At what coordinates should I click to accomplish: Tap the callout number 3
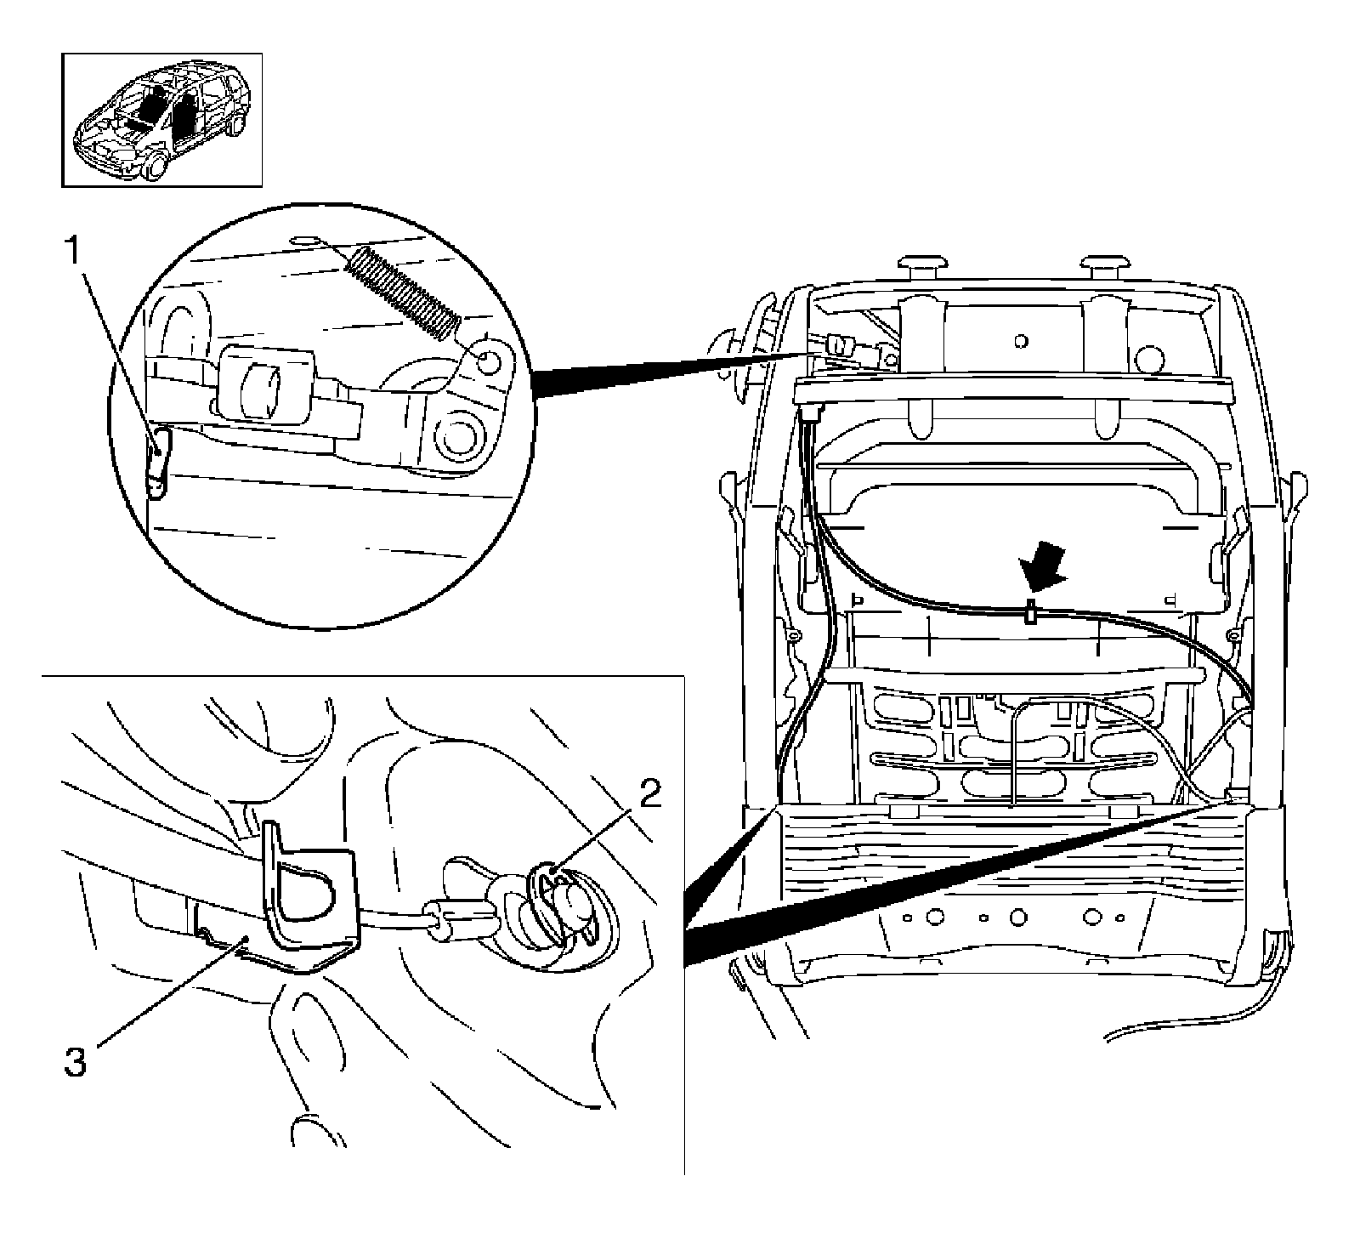[x=76, y=1063]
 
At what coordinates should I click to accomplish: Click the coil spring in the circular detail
[x=404, y=291]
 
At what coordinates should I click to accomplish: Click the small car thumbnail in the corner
[x=161, y=120]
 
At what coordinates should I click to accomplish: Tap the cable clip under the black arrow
[x=1029, y=612]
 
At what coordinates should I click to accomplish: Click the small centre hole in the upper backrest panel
[x=1021, y=341]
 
